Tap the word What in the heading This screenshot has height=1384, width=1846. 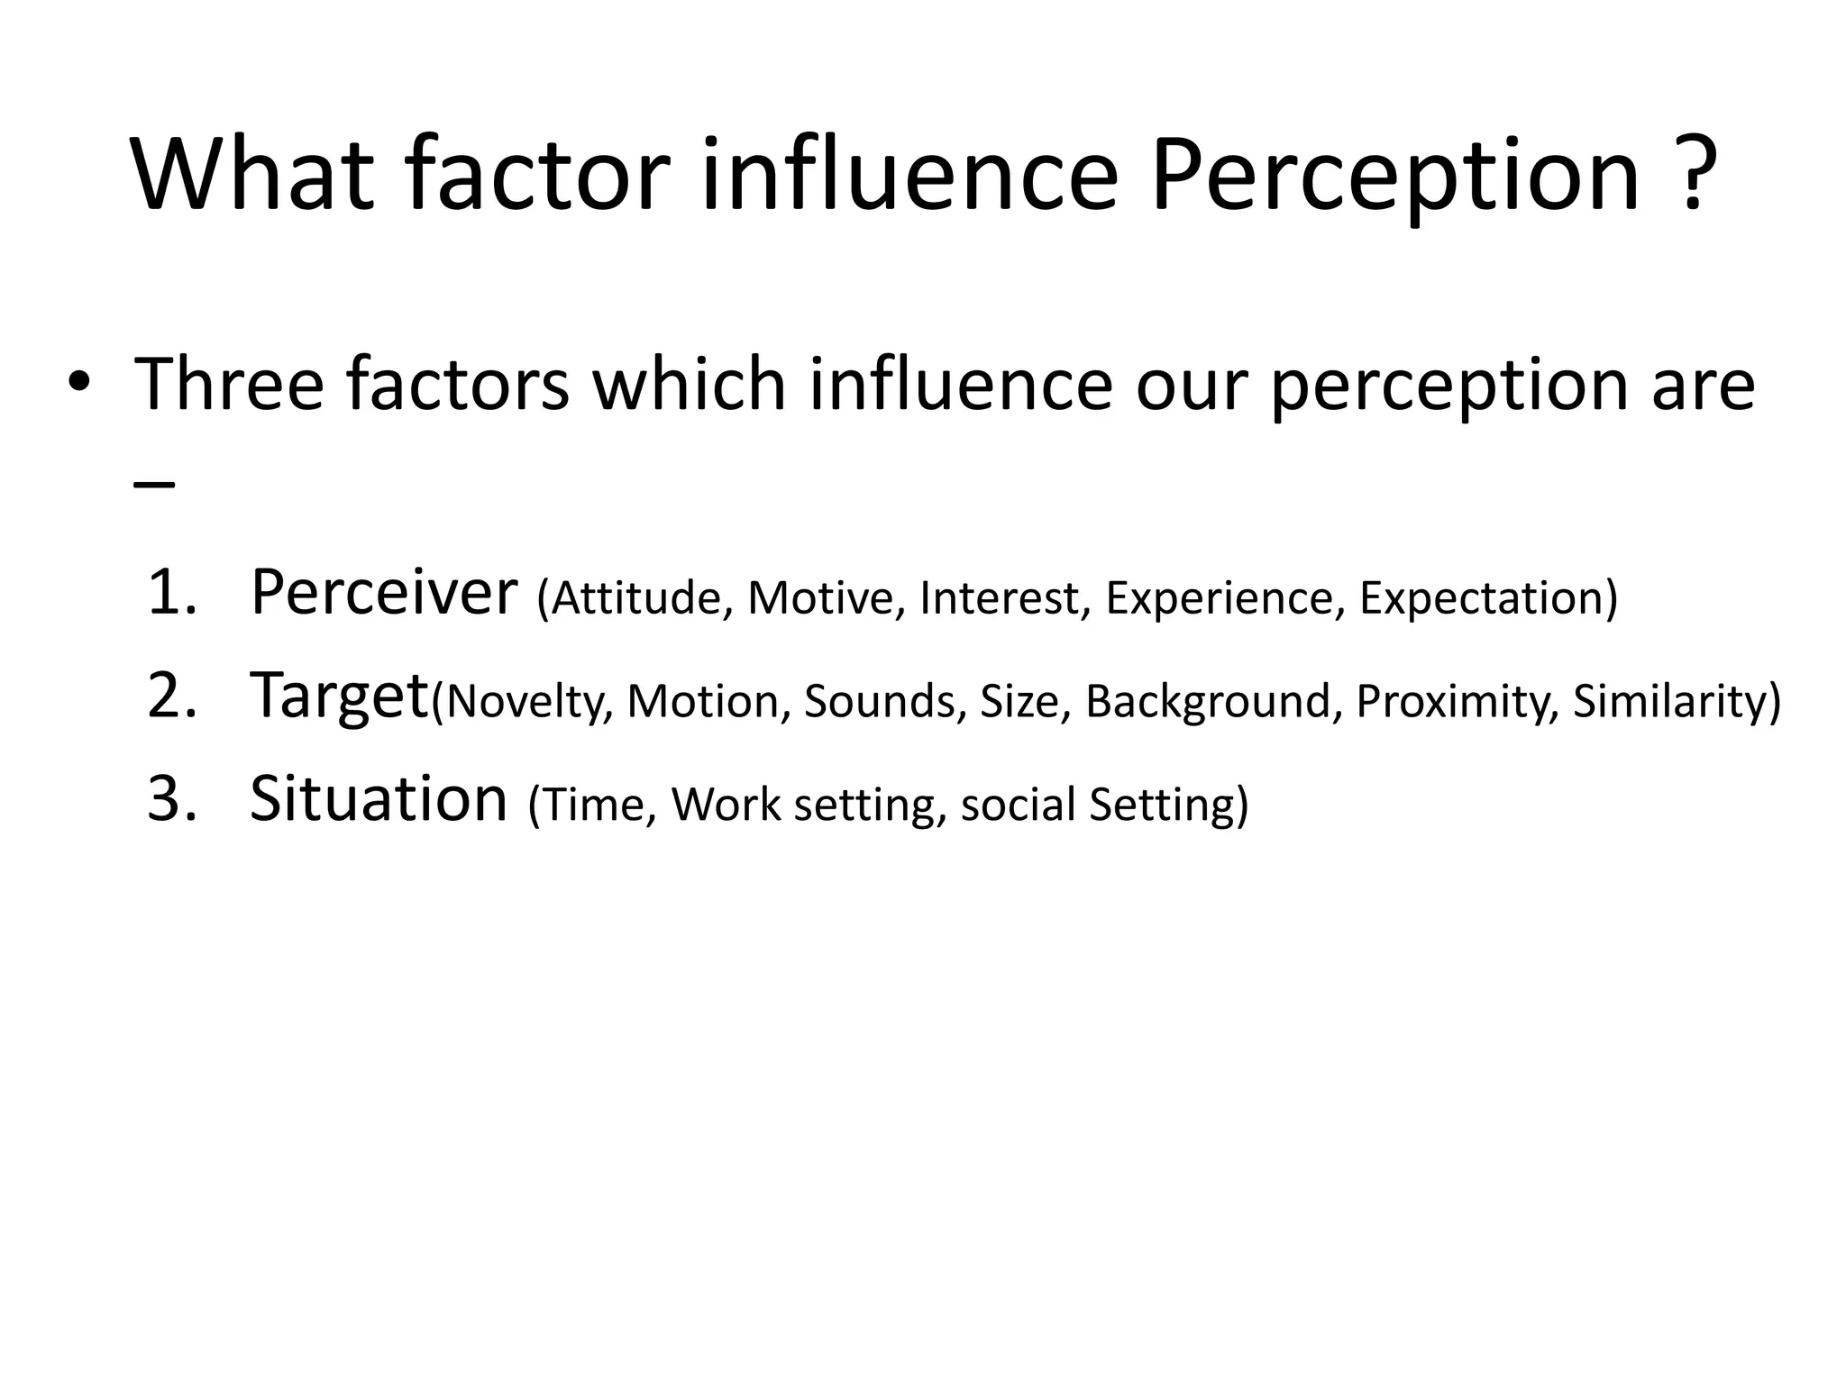click(252, 175)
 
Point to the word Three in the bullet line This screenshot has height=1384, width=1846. click(229, 385)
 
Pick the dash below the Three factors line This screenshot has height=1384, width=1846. click(153, 483)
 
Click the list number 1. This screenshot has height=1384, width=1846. click(171, 594)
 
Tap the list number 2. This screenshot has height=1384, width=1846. click(171, 697)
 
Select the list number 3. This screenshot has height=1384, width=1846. click(171, 799)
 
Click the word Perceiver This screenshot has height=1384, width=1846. click(384, 594)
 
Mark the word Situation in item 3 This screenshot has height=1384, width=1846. click(379, 799)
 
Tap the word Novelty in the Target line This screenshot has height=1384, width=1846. click(523, 702)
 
